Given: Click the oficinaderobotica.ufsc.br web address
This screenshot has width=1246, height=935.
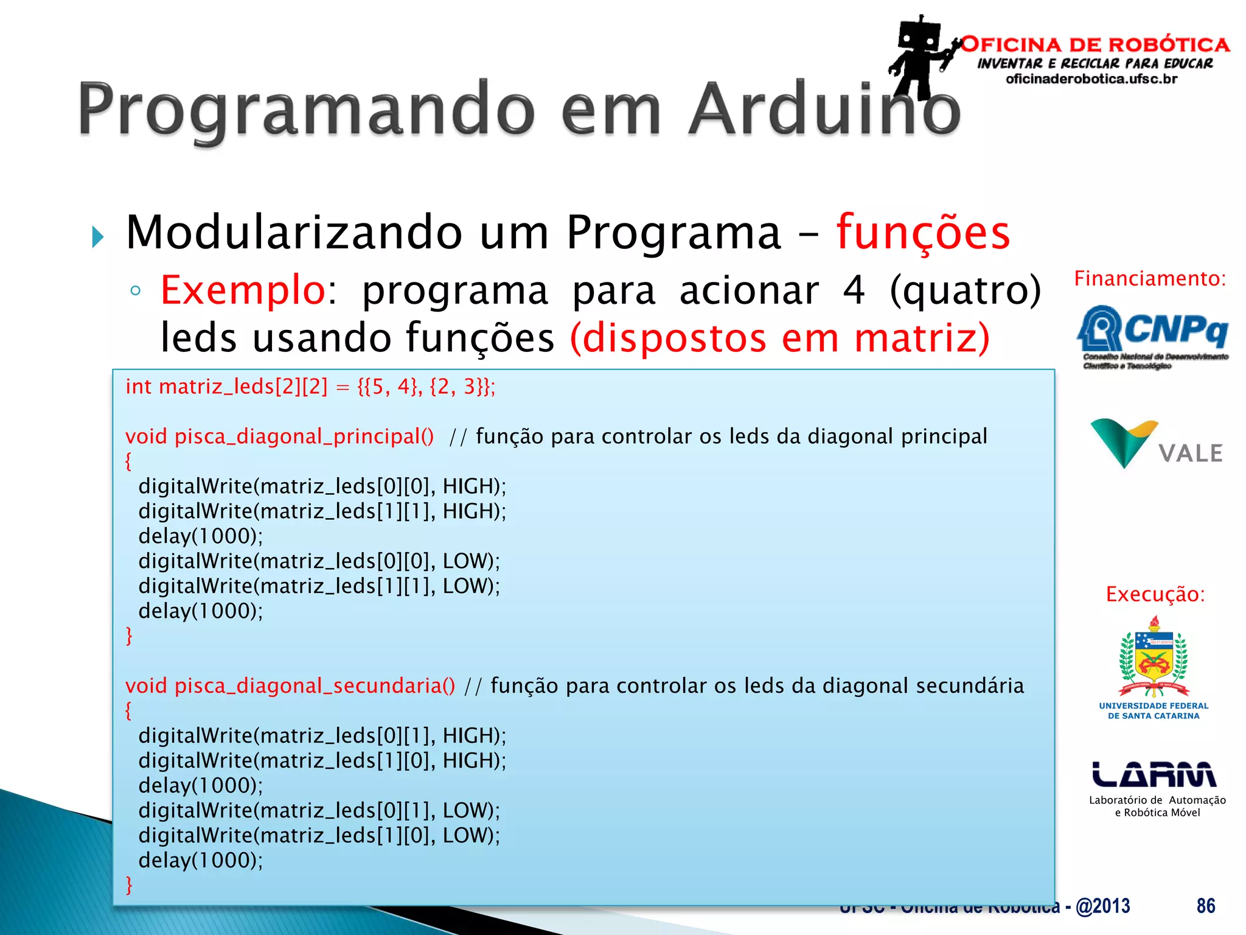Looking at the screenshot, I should (x=1091, y=79).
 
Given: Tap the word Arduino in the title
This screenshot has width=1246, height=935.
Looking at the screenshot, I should (x=824, y=110).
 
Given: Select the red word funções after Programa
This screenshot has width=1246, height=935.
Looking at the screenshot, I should (x=923, y=233).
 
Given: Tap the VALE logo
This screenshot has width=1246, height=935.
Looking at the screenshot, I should (x=1156, y=444).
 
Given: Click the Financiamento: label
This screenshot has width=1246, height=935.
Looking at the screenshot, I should (x=1150, y=279).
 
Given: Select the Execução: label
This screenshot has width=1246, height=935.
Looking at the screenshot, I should (x=1155, y=594).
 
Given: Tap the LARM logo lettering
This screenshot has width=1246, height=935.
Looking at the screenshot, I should (x=1154, y=774).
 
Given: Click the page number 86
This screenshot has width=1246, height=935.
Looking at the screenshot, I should (x=1205, y=906).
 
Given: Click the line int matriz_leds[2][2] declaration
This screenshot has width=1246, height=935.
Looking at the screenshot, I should (x=310, y=387).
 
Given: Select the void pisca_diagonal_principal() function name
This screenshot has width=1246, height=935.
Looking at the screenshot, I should (x=280, y=436).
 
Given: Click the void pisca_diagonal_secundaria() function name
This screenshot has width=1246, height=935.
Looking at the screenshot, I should (x=290, y=686).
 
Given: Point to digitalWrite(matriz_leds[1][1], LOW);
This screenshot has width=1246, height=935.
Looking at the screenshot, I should (x=319, y=586).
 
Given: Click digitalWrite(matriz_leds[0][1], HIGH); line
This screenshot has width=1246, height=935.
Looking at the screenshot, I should (x=322, y=736).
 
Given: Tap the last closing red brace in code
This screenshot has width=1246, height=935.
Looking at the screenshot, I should (x=129, y=884).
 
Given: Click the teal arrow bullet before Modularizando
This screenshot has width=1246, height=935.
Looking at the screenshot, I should (x=98, y=237).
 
